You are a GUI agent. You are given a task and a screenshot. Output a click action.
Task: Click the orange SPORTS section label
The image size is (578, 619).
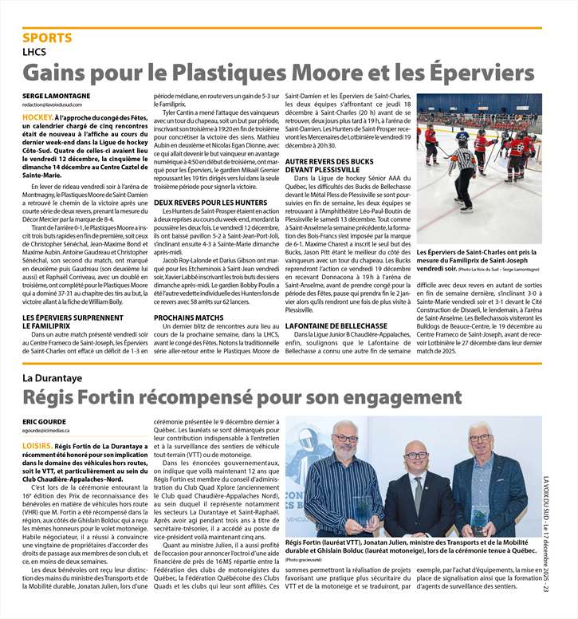[47, 37]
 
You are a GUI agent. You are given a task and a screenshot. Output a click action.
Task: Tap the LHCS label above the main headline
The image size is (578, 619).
[35, 51]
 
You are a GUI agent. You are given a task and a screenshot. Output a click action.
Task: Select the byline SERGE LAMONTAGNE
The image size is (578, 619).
[56, 96]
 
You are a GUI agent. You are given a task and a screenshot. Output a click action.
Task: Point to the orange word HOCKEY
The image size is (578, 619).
[37, 117]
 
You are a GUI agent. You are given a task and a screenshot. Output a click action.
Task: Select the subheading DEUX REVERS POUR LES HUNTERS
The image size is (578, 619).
[210, 203]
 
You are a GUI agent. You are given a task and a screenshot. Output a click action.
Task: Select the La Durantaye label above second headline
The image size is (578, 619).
[53, 377]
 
